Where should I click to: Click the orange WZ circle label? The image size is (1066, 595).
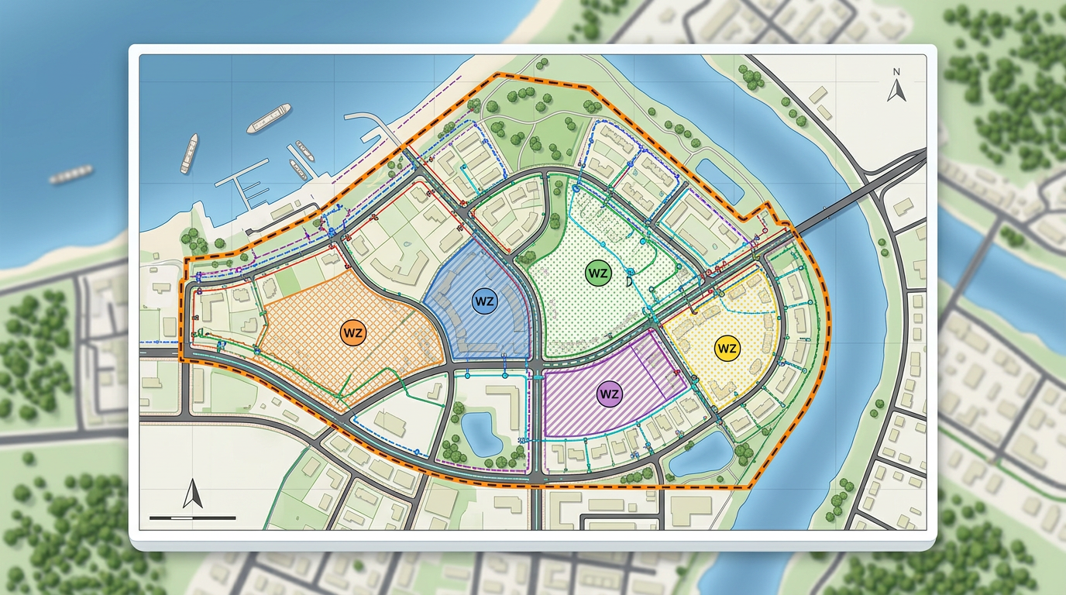click(352, 333)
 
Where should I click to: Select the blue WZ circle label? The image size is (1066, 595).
click(484, 301)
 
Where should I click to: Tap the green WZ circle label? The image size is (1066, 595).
click(597, 273)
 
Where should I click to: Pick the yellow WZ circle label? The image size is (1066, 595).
click(727, 348)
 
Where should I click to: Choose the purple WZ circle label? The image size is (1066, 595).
click(610, 394)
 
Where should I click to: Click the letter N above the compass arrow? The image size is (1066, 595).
click(896, 73)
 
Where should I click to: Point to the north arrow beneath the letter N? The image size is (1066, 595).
click(897, 91)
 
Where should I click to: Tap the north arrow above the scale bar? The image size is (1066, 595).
click(192, 494)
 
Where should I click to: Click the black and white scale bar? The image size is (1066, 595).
click(192, 517)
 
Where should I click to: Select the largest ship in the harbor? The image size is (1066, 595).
click(268, 117)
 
